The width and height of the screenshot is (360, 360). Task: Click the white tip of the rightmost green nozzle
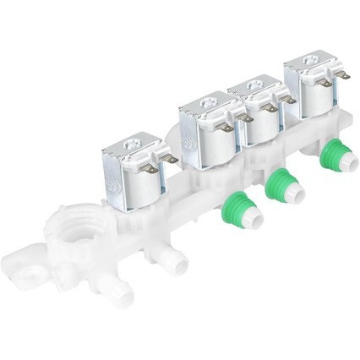(341, 167)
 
